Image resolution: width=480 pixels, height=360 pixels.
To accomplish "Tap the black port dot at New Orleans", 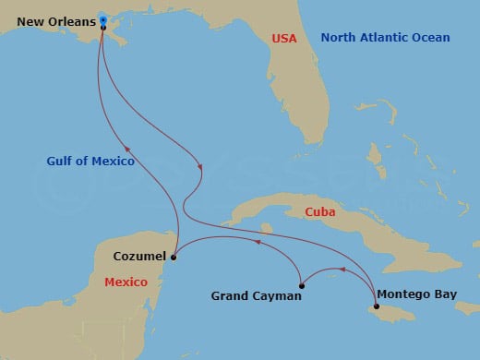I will pos(102,28).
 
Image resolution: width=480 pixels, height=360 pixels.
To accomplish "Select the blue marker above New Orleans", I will pos(102,19).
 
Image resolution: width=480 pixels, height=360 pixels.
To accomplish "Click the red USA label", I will pos(283,38).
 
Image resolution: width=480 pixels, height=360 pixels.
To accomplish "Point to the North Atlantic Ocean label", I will pos(385,38).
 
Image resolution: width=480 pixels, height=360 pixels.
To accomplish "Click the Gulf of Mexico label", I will pos(90,162).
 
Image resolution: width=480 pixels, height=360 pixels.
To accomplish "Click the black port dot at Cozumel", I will pos(174,257).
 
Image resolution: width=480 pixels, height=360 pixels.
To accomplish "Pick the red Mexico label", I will pos(126,282).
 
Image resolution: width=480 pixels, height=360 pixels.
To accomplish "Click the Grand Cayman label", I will pos(256,296).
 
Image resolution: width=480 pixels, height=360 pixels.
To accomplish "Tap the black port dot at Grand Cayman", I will pos(301,285).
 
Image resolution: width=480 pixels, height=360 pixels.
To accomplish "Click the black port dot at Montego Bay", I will pos(376,306).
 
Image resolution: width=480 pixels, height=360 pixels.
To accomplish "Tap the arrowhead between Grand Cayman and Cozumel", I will pos(258,243).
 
